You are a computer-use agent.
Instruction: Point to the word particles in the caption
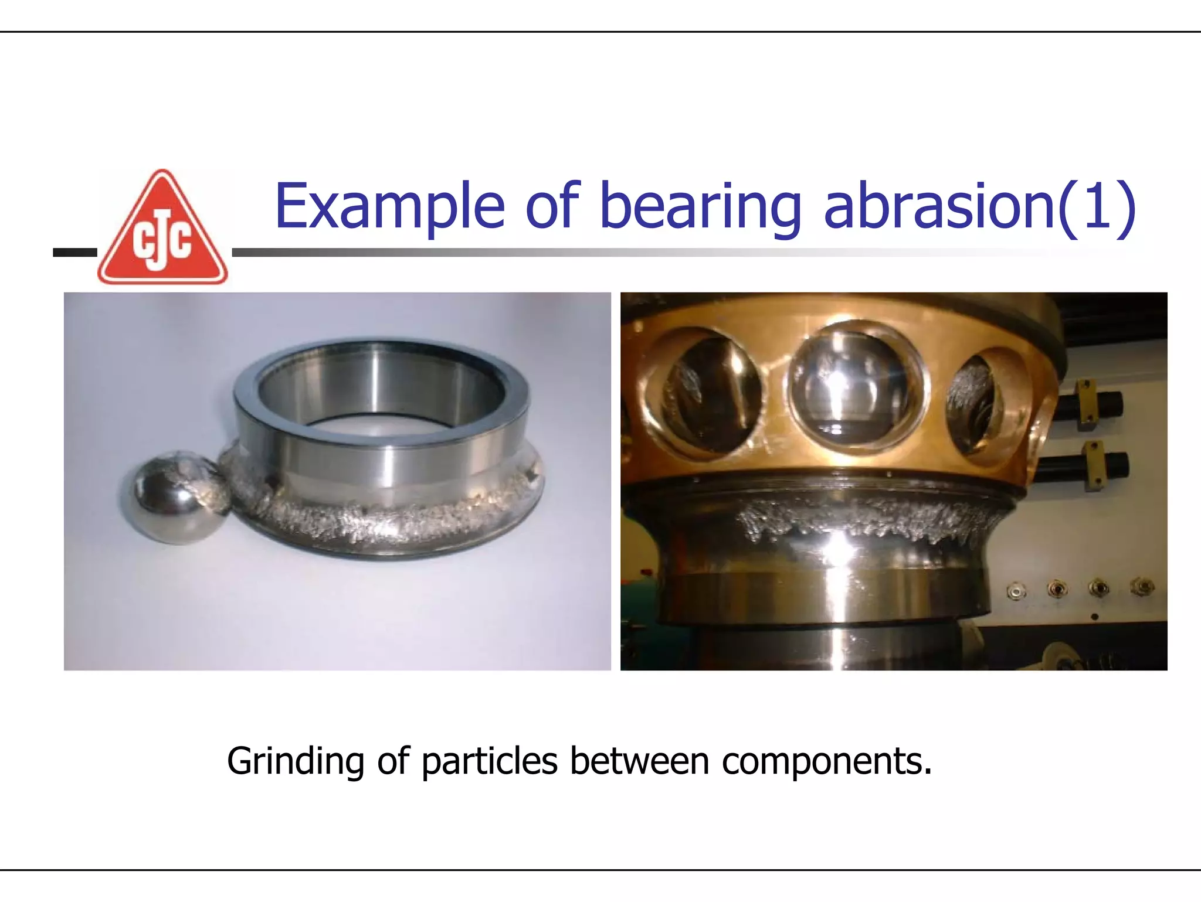[x=489, y=761]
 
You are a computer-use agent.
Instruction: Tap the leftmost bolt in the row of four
[x=1016, y=590]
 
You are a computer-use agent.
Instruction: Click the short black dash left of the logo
[x=74, y=253]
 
